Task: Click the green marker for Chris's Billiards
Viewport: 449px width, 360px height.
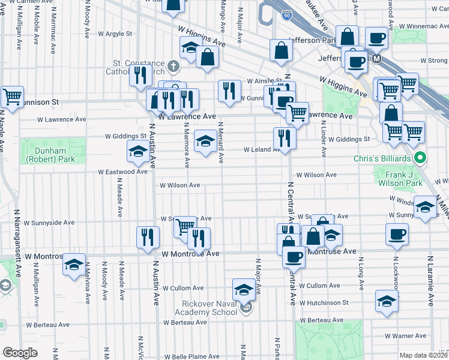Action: coord(421,158)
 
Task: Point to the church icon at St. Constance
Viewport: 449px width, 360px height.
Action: coord(173,65)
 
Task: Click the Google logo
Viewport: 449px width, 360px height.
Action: coord(19,353)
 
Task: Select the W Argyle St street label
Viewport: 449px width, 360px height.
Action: coord(112,34)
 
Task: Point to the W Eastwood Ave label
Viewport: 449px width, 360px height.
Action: coord(124,172)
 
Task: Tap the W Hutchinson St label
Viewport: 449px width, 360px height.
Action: coord(324,303)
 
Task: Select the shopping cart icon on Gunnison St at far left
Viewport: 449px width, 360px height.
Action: coord(11,96)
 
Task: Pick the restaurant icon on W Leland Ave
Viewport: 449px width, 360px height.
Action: coord(283,138)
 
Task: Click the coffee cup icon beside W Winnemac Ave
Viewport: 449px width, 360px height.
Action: coord(377,38)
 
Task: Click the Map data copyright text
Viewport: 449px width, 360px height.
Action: coord(424,355)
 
